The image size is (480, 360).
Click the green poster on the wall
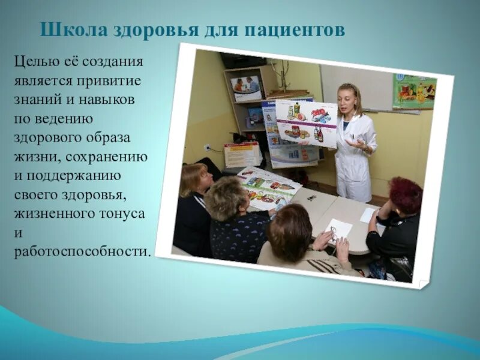pyautogui.click(x=413, y=91)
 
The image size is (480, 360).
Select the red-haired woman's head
pyautogui.click(x=406, y=195)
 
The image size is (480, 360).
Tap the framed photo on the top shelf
pyautogui.click(x=246, y=86)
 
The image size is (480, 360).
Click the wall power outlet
pyautogui.click(x=207, y=148)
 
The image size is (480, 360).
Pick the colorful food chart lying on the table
pyautogui.click(x=268, y=187)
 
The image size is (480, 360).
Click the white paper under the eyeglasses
pyautogui.click(x=338, y=228)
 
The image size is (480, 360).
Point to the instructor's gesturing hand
pyautogui.click(x=357, y=144)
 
